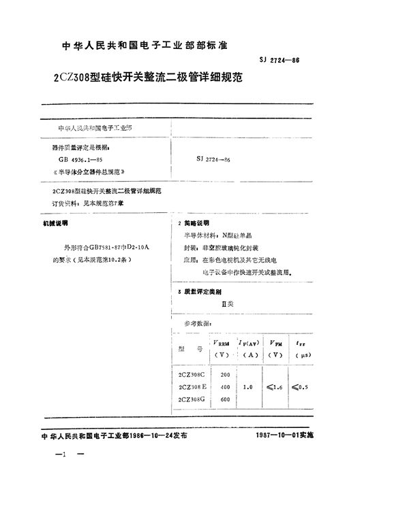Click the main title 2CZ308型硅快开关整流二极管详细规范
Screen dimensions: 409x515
click(137, 77)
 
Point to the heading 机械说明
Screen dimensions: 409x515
click(55, 223)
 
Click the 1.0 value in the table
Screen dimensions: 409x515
click(248, 386)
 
